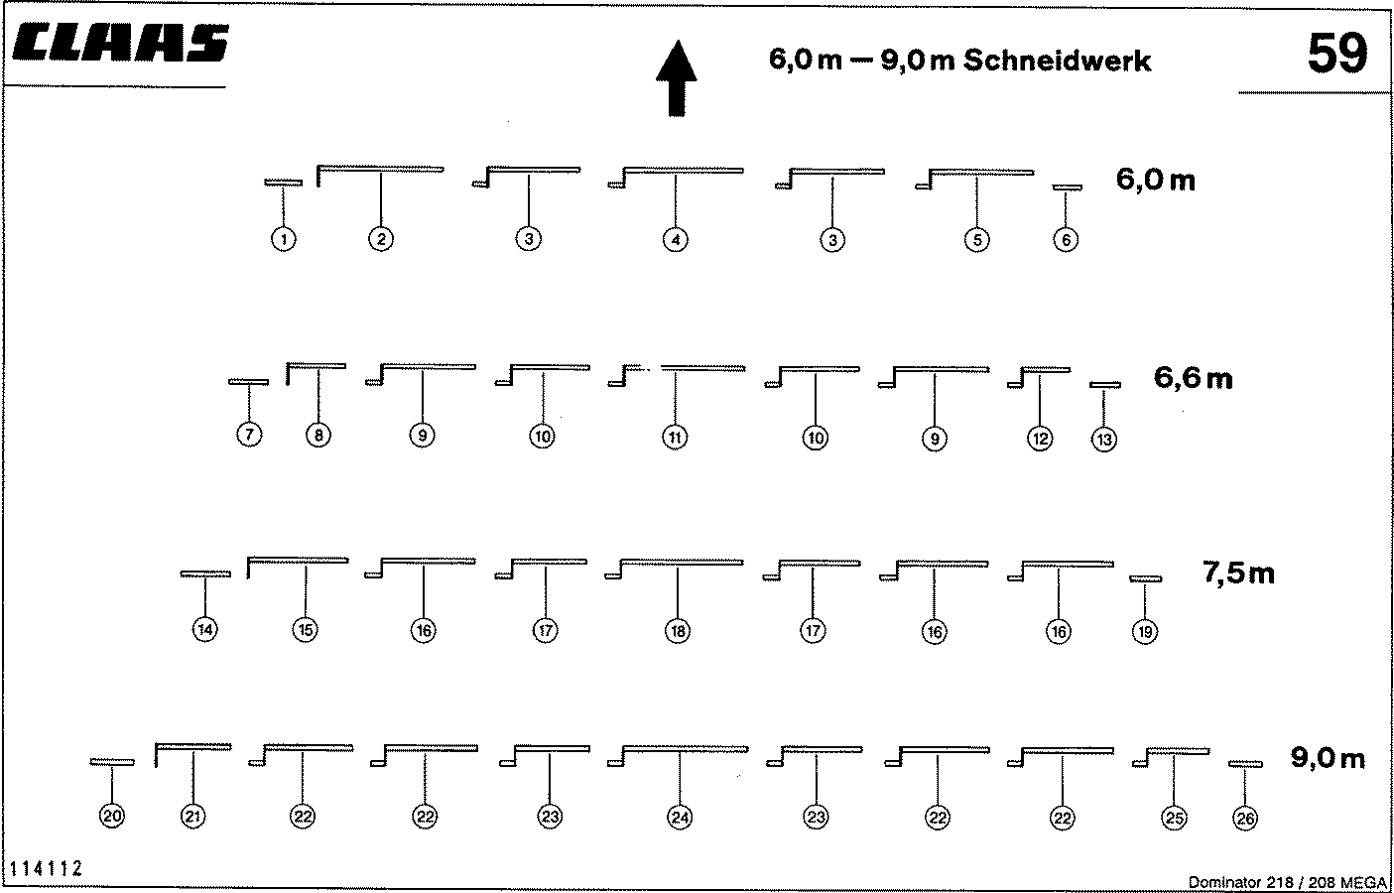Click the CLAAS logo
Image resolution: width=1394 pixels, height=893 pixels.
pyautogui.click(x=120, y=43)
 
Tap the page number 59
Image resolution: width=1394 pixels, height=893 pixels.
pyautogui.click(x=1337, y=54)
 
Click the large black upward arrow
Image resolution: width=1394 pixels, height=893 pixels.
pyautogui.click(x=677, y=78)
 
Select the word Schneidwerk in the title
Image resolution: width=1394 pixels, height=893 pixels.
pyautogui.click(x=1058, y=61)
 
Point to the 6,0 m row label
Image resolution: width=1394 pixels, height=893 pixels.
pyautogui.click(x=1156, y=180)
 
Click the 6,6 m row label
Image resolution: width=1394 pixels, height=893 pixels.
pyautogui.click(x=1193, y=378)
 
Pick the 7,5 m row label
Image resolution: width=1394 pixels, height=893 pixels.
pyautogui.click(x=1238, y=573)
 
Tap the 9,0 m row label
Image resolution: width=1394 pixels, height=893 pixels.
pyautogui.click(x=1328, y=758)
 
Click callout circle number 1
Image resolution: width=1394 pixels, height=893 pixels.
pyautogui.click(x=284, y=239)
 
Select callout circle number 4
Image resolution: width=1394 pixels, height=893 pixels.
pyautogui.click(x=676, y=239)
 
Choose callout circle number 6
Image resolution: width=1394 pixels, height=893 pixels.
pyautogui.click(x=1066, y=239)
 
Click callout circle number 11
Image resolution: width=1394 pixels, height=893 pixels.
pyautogui.click(x=676, y=438)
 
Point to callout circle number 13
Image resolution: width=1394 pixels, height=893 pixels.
pyautogui.click(x=1104, y=440)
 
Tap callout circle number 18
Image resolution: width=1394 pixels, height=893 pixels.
pyautogui.click(x=678, y=631)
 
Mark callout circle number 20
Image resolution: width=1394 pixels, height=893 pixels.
pyautogui.click(x=112, y=816)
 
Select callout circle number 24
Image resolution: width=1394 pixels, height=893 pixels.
pyautogui.click(x=680, y=817)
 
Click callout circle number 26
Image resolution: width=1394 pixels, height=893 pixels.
pyautogui.click(x=1245, y=819)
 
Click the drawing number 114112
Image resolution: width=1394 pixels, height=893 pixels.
pyautogui.click(x=46, y=869)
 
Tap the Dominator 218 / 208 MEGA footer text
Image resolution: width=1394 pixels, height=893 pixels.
pyautogui.click(x=1288, y=882)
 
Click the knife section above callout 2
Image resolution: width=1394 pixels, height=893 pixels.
pyautogui.click(x=380, y=169)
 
